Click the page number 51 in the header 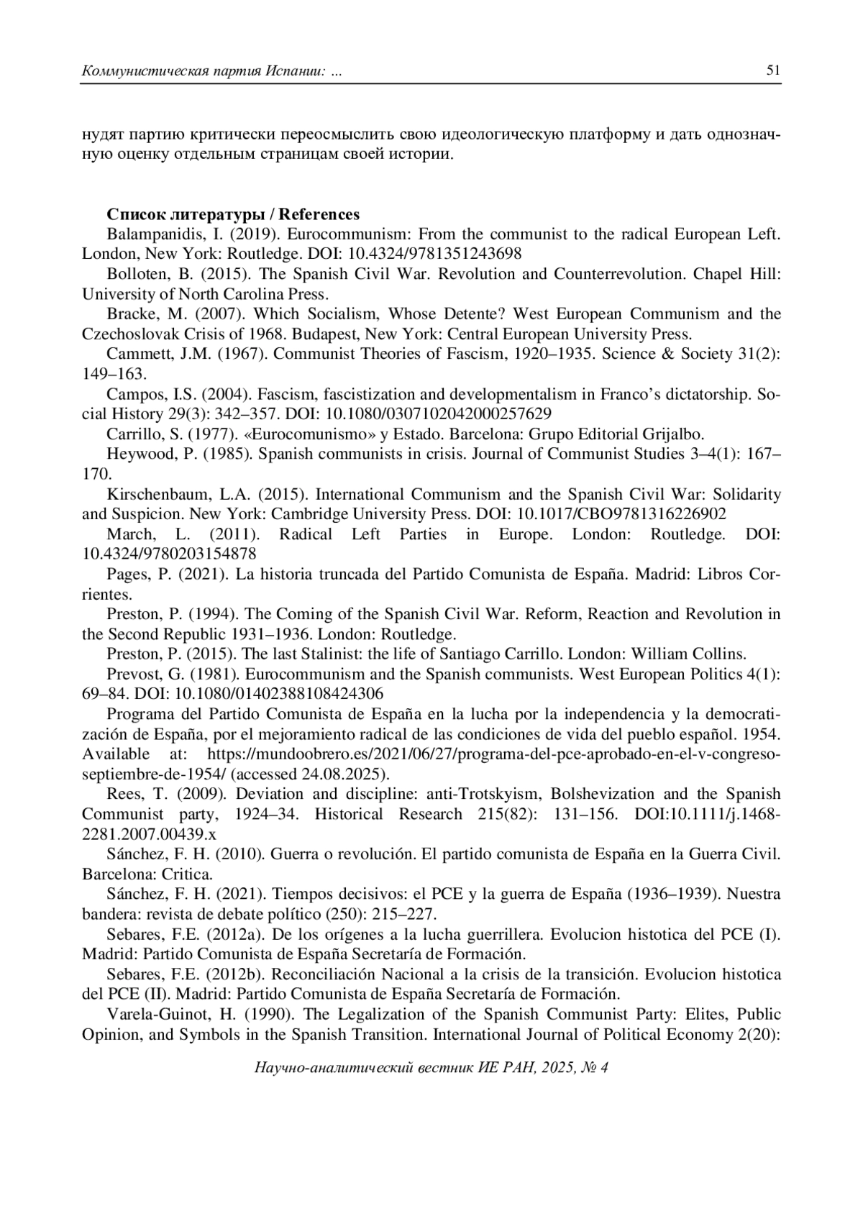[773, 70]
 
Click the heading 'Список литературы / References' [233, 214]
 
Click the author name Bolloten [137, 274]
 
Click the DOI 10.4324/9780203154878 [169, 554]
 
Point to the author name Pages [128, 575]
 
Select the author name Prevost [133, 674]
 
